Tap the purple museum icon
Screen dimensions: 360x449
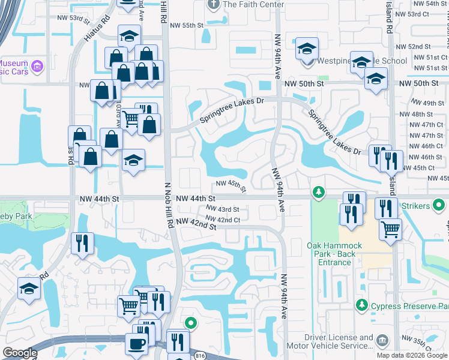37,65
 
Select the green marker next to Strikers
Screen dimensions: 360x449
439,206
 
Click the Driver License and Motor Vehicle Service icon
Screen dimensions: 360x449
381,341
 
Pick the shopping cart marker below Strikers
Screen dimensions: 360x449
390,229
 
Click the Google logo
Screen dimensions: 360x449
20,353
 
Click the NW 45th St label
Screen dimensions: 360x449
231,186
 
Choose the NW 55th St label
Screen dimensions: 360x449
187,25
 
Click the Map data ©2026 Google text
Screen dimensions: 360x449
412,355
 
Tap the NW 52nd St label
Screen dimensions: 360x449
419,46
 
